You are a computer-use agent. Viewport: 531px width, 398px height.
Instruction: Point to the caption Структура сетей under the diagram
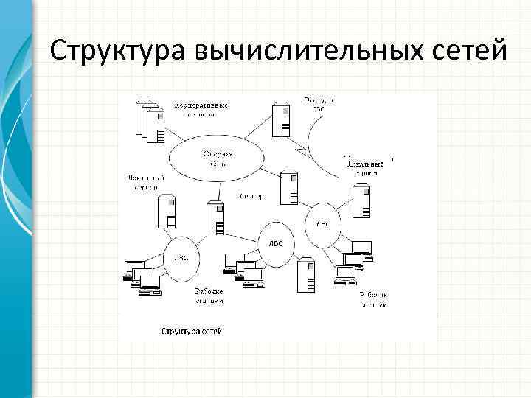click(x=192, y=331)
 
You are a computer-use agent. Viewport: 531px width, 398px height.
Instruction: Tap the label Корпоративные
click(x=200, y=105)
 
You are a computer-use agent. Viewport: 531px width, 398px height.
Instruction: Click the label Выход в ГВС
click(x=319, y=103)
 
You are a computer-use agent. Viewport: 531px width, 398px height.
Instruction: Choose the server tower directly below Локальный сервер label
click(x=361, y=201)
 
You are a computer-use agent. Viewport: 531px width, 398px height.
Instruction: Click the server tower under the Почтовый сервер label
click(x=167, y=213)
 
